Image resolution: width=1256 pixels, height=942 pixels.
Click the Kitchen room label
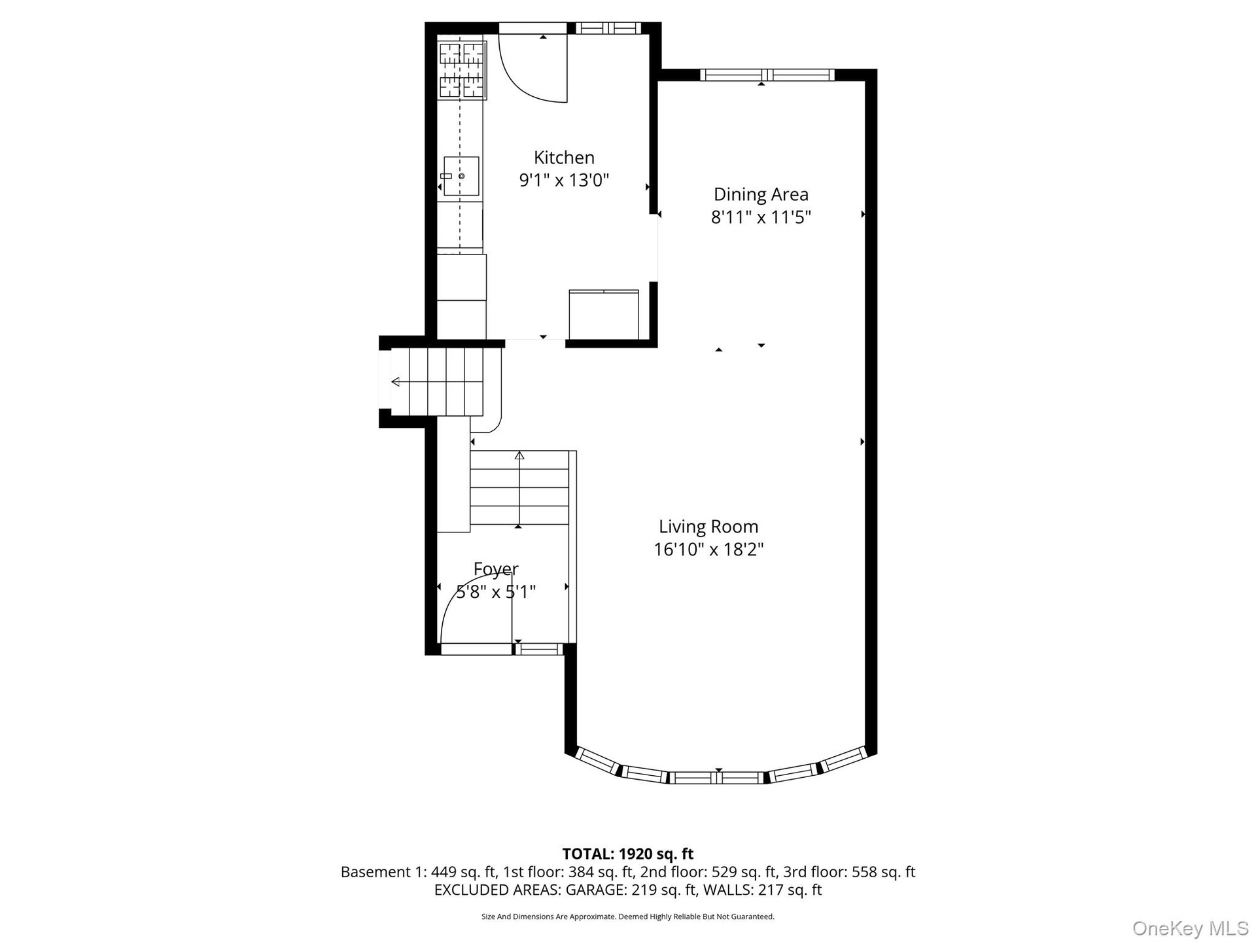[564, 158]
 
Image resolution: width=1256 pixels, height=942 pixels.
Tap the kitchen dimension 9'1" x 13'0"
[564, 180]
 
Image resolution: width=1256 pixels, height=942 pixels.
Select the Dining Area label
[761, 194]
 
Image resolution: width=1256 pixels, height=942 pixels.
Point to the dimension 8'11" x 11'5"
[761, 217]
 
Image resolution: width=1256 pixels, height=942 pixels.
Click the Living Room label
[708, 527]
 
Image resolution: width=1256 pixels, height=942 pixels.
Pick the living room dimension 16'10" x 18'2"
[708, 549]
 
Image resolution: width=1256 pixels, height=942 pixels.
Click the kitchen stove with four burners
[462, 70]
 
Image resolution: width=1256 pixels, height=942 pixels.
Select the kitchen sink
[461, 176]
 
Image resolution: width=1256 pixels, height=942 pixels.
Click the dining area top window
[767, 75]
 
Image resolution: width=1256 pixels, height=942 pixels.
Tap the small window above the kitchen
[608, 27]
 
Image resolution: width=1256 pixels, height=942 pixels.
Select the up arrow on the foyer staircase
[519, 488]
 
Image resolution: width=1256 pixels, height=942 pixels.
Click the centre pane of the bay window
[718, 778]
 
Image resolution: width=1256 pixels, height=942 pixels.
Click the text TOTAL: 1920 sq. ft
[628, 854]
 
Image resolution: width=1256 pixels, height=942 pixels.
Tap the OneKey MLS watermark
[1191, 928]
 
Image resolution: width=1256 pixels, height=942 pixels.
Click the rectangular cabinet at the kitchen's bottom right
[604, 315]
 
